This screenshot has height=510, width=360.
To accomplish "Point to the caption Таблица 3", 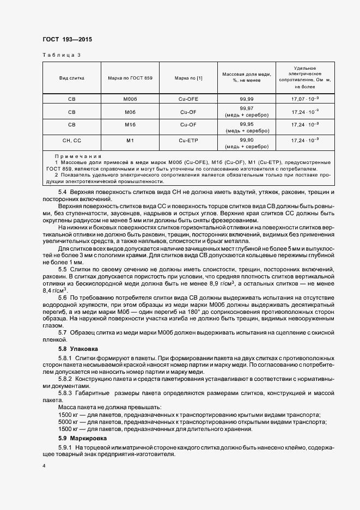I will (x=61, y=55).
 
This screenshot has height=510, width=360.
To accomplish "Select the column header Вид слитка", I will (x=71, y=78).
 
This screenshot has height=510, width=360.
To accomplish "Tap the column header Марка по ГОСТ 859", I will (x=130, y=78).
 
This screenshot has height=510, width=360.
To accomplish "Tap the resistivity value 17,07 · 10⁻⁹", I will (x=306, y=99).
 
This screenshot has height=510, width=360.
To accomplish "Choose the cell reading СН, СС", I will (x=71, y=141).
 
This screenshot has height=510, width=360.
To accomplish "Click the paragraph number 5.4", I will (x=63, y=192).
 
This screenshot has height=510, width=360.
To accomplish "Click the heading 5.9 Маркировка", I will (x=81, y=438).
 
